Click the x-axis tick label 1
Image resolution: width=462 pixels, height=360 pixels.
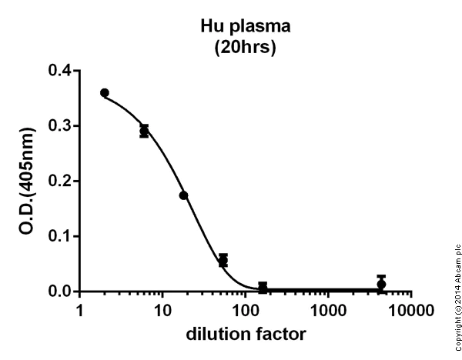pyautogui.click(x=79, y=311)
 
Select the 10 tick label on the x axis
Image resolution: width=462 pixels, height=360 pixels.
pyautogui.click(x=162, y=311)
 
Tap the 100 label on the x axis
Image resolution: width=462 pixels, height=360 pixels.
pyautogui.click(x=245, y=311)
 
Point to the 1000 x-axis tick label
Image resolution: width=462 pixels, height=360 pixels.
pyautogui.click(x=328, y=311)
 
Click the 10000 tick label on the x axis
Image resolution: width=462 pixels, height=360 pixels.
pyautogui.click(x=411, y=311)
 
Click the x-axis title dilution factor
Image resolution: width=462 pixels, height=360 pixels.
pyautogui.click(x=245, y=335)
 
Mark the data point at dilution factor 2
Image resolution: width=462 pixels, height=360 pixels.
pyautogui.click(x=105, y=93)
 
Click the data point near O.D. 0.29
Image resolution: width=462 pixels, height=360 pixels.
pyautogui.click(x=144, y=131)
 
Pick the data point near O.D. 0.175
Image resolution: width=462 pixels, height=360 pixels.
pyautogui.click(x=183, y=195)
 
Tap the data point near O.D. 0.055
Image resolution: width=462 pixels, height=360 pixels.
pyautogui.click(x=223, y=260)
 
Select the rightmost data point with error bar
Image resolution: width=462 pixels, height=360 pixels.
pyautogui.click(x=381, y=284)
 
